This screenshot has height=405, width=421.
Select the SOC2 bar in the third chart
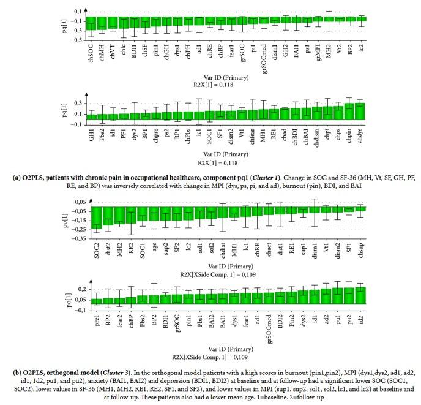[x=96, y=218]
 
